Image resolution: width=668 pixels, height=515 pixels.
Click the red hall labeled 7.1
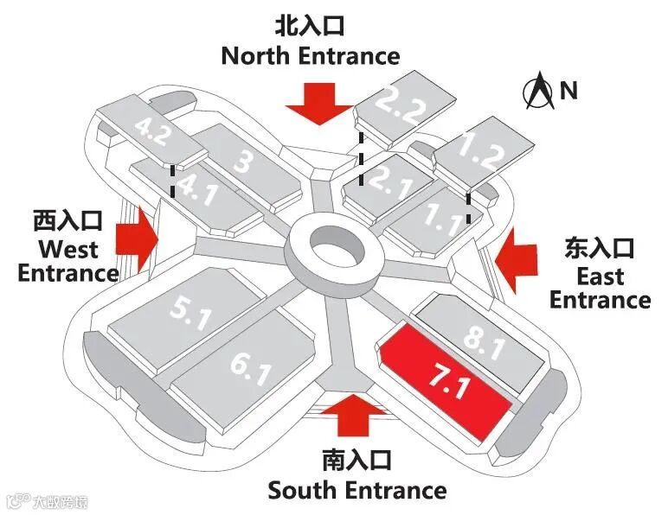[446, 381]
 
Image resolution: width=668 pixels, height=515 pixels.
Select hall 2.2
[402, 108]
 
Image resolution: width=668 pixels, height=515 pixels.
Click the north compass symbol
[542, 92]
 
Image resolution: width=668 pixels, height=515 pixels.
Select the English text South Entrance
[356, 490]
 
